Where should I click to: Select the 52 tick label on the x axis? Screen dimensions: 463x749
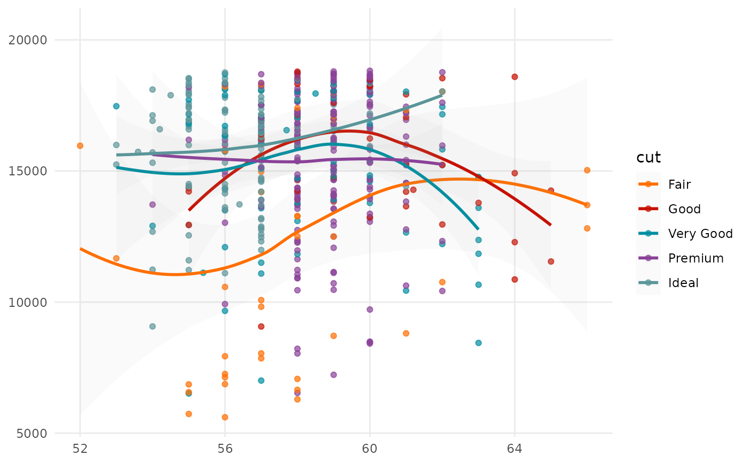click(80, 447)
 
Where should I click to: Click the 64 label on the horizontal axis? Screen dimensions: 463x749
click(515, 447)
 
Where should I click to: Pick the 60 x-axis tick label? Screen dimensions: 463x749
click(370, 447)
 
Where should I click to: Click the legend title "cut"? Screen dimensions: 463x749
click(648, 158)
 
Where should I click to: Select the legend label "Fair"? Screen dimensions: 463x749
click(679, 184)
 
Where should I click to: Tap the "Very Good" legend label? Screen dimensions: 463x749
click(700, 234)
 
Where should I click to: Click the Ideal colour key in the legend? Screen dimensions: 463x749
click(648, 283)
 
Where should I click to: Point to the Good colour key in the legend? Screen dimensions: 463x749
click(648, 209)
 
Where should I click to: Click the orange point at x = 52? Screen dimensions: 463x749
click(80, 145)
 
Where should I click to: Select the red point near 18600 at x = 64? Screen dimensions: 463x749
click(515, 76)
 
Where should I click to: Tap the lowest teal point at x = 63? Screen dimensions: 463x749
click(478, 343)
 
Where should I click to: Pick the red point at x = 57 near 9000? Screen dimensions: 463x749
click(261, 326)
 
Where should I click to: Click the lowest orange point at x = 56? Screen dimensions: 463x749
click(225, 417)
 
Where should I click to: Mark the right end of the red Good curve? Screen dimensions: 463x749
click(551, 225)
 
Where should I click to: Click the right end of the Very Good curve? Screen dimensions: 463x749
click(478, 229)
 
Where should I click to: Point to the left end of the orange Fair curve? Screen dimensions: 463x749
click(80, 249)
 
